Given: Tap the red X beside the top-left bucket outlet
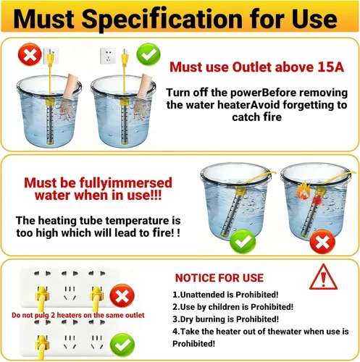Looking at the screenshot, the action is click(30, 54).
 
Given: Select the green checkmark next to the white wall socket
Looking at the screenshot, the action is click(148, 54).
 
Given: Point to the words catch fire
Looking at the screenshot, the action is click(256, 117).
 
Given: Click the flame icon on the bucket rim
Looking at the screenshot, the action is click(303, 190).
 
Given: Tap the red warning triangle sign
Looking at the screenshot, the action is click(323, 277).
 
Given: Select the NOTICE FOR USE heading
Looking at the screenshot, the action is click(219, 278).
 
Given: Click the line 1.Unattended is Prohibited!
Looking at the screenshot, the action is click(225, 295).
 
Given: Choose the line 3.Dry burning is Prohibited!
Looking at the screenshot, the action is click(225, 319).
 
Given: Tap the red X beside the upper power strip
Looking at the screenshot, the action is click(122, 295).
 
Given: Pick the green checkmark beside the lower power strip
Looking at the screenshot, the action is click(122, 345).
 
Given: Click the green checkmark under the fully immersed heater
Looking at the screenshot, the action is click(243, 241).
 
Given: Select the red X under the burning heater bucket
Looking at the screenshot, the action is click(322, 242).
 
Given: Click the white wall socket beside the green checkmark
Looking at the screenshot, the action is click(108, 56).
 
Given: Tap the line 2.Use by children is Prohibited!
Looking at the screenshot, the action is click(233, 307).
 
